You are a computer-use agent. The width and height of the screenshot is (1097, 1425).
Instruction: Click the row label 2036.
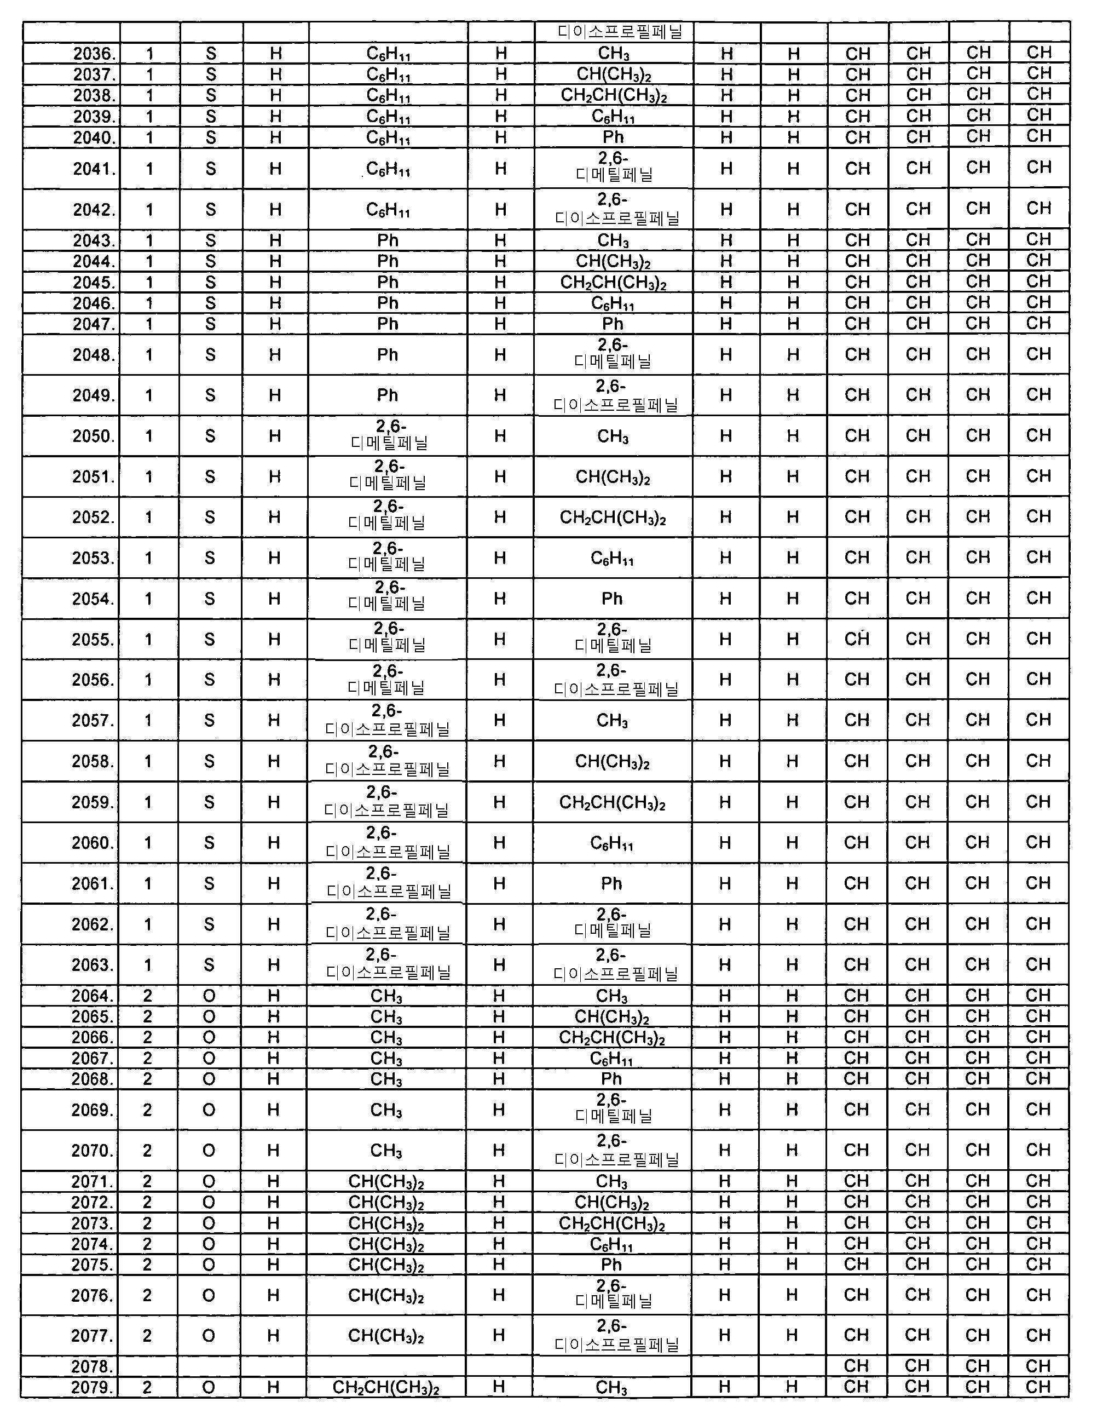[95, 54]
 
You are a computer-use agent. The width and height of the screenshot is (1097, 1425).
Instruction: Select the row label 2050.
[93, 436]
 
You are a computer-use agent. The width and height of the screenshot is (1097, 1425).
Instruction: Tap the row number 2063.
[93, 965]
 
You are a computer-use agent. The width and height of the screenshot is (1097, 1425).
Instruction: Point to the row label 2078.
[92, 1366]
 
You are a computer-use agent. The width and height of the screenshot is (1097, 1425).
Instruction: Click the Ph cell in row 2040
[613, 137]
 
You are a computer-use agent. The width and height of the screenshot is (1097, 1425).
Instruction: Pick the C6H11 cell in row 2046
[613, 303]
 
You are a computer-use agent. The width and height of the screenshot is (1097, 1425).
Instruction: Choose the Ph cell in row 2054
[612, 599]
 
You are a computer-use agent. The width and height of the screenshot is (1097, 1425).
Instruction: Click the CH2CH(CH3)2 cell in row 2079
[385, 1387]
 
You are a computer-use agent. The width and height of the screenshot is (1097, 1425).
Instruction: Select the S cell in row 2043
[210, 241]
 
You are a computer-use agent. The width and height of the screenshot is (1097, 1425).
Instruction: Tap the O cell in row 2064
[209, 996]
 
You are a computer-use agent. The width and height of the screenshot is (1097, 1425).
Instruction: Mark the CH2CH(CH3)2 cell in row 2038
[613, 96]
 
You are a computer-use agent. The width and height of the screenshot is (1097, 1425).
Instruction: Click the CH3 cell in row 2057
[612, 720]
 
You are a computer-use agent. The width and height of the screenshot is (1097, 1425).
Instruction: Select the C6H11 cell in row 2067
[611, 1058]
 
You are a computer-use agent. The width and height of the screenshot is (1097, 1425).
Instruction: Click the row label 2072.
[92, 1202]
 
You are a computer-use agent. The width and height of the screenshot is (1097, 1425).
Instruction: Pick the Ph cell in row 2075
[611, 1265]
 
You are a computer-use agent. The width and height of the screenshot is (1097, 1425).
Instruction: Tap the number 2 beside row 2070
[147, 1150]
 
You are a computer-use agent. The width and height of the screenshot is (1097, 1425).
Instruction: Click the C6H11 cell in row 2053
[612, 559]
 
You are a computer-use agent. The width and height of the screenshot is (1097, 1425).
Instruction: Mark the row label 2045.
[94, 283]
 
